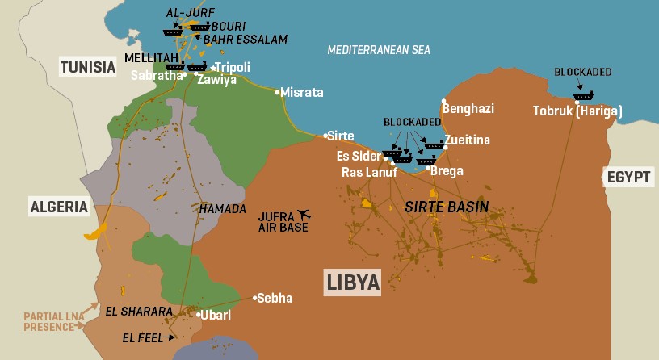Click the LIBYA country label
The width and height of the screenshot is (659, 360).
coord(353,282)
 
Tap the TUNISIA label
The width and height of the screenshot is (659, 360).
coord(89,67)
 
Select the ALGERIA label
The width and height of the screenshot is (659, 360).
coord(59,207)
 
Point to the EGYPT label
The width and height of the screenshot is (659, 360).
coord(627,178)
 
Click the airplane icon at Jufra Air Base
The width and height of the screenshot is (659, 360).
coord(304,215)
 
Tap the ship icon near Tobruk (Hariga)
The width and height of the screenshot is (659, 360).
coord(583,96)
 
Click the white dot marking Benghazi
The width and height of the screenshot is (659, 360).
coord(443,102)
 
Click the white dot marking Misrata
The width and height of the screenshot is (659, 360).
coord(277,92)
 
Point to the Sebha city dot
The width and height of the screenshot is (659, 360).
coord(256,298)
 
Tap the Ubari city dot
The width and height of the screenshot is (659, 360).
coord(199,315)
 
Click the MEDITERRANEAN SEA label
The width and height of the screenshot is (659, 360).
coord(379,50)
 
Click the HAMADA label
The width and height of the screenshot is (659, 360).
coord(222,209)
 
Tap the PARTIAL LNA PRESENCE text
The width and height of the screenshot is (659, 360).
coord(52,321)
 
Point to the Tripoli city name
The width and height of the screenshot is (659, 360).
coord(233,67)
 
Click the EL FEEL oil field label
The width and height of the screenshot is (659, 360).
coord(143,337)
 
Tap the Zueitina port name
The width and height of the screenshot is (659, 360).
coord(467,140)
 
